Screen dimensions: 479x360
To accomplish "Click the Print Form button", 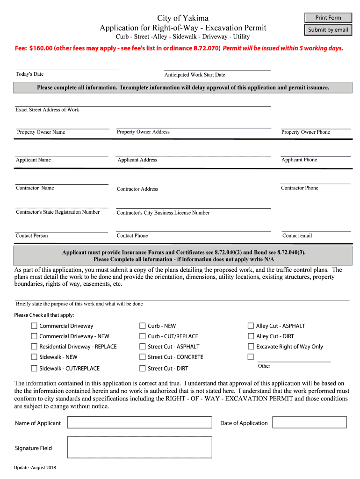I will click(x=328, y=18).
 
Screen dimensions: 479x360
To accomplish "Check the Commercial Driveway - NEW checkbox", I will click(x=34, y=336).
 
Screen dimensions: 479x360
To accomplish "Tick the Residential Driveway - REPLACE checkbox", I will click(x=34, y=347).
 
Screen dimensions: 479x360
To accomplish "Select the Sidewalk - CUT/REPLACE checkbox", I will click(x=34, y=368).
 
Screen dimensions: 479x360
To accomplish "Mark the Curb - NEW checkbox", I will click(x=143, y=326).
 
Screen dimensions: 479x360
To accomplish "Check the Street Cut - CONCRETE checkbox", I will click(x=143, y=357).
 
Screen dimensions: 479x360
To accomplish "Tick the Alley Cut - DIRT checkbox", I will click(x=251, y=336).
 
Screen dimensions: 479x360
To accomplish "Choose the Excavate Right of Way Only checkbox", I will click(x=251, y=347).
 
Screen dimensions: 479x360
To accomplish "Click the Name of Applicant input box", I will click(x=139, y=423).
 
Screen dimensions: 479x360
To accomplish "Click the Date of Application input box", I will click(x=310, y=422).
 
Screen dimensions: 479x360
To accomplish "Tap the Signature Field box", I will click(x=139, y=447).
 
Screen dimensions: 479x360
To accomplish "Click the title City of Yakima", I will click(x=183, y=18).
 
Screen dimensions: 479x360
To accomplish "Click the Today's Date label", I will click(x=29, y=74).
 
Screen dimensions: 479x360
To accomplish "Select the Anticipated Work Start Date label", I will click(x=194, y=75).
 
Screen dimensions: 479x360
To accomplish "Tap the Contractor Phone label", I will click(x=299, y=188).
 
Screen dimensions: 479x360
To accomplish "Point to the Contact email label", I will click(x=297, y=236).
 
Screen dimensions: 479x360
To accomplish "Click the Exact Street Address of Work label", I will click(x=47, y=110).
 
